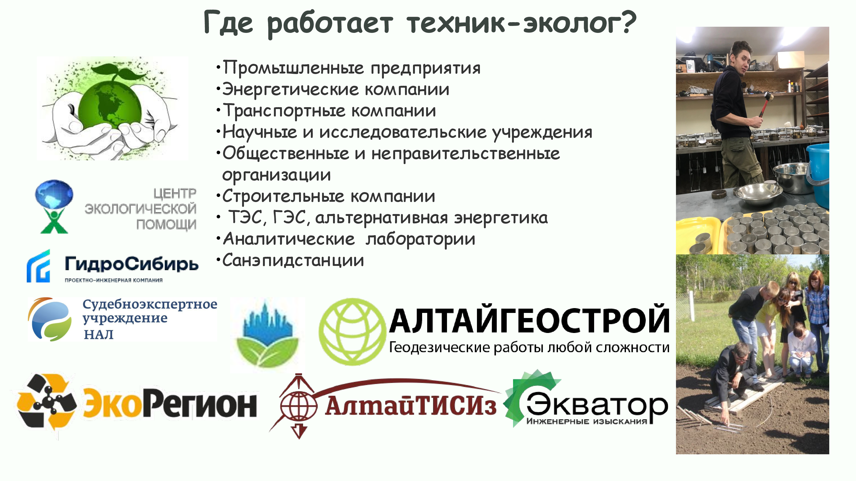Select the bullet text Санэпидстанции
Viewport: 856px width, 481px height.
[x=293, y=261]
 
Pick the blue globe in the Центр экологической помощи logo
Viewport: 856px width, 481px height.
[x=54, y=195]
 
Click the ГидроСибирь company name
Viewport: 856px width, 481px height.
[x=132, y=264]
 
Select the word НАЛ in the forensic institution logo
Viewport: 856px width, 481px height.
[x=99, y=335]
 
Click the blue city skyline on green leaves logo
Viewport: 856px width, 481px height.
[x=267, y=333]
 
